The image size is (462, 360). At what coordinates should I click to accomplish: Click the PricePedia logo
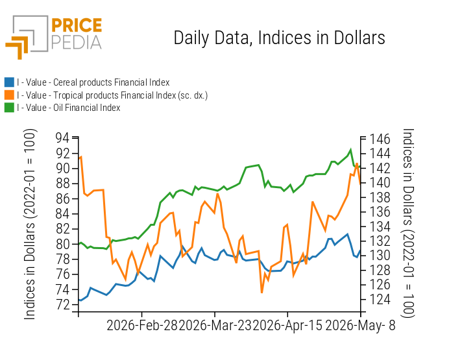[x=54, y=37]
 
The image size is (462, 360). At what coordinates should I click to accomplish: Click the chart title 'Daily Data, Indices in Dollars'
[x=279, y=38]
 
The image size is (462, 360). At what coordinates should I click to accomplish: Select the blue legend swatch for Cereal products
[x=9, y=82]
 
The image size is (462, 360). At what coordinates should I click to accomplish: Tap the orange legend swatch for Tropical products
[x=9, y=95]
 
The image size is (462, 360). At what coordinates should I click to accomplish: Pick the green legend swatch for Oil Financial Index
[x=9, y=108]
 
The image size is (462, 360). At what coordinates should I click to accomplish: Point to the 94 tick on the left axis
[x=62, y=138]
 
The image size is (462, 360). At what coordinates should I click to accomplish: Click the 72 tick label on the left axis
[x=62, y=305]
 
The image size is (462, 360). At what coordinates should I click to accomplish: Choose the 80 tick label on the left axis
[x=62, y=244]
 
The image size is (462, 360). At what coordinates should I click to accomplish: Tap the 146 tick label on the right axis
[x=380, y=139]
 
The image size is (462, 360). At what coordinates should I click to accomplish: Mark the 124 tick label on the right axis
[x=380, y=299]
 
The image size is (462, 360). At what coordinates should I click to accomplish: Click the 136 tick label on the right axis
[x=380, y=212]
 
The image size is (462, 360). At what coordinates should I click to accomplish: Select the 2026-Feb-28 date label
[x=141, y=326]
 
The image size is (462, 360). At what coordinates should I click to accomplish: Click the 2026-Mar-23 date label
[x=215, y=326]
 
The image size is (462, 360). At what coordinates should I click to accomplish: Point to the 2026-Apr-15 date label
[x=287, y=326]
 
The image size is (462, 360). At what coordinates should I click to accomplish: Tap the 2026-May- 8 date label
[x=360, y=326]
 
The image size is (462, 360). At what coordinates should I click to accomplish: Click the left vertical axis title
[x=30, y=224]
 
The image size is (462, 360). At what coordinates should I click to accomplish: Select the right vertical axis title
[x=408, y=223]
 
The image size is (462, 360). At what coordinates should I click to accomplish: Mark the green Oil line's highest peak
[x=350, y=150]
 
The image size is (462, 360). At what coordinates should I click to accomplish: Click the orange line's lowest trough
[x=261, y=293]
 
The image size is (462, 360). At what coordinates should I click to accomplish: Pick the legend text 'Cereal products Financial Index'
[x=112, y=82]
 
